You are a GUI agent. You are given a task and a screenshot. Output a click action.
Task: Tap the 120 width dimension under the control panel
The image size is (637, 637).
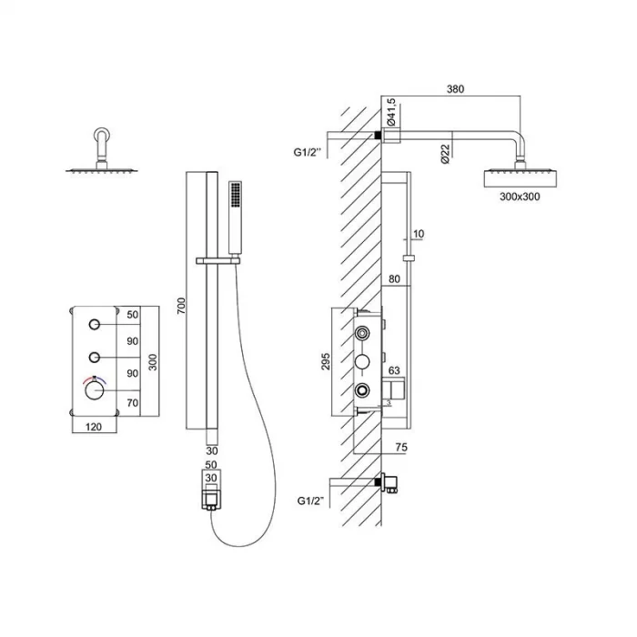[x=93, y=425]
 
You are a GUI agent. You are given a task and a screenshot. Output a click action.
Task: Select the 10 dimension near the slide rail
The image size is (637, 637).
[x=418, y=234]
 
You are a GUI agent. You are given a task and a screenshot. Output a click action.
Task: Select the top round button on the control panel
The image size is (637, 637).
[x=94, y=325]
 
